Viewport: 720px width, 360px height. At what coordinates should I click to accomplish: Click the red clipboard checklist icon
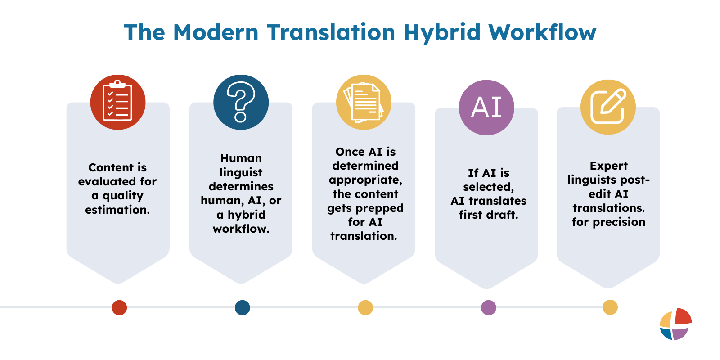click(x=118, y=102)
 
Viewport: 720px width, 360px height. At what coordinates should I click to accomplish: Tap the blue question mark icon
click(x=241, y=102)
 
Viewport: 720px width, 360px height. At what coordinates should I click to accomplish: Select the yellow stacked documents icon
click(x=364, y=102)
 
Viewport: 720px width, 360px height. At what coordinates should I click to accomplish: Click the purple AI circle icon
click(x=486, y=108)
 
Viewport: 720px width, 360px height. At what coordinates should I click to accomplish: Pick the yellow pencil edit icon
click(x=608, y=107)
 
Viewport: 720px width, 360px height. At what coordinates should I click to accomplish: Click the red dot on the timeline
click(x=119, y=308)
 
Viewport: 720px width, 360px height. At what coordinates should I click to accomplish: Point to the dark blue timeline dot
click(x=242, y=308)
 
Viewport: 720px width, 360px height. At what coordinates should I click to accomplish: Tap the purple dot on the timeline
click(x=488, y=308)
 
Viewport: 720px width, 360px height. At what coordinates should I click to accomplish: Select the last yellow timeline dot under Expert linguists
click(x=610, y=307)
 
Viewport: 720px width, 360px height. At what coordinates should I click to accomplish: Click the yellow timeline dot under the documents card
click(x=365, y=308)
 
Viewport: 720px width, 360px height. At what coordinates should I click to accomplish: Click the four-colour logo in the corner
click(x=675, y=324)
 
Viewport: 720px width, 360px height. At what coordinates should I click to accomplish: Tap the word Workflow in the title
click(x=542, y=33)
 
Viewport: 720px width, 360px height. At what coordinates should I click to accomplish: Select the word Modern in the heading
click(x=216, y=33)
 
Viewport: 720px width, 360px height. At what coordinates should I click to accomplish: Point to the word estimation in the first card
click(x=117, y=210)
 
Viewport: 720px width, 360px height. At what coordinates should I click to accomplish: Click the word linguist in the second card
click(x=241, y=173)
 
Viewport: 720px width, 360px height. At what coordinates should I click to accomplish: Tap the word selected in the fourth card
click(x=488, y=187)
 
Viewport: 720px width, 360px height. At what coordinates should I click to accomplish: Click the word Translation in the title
click(x=331, y=33)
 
